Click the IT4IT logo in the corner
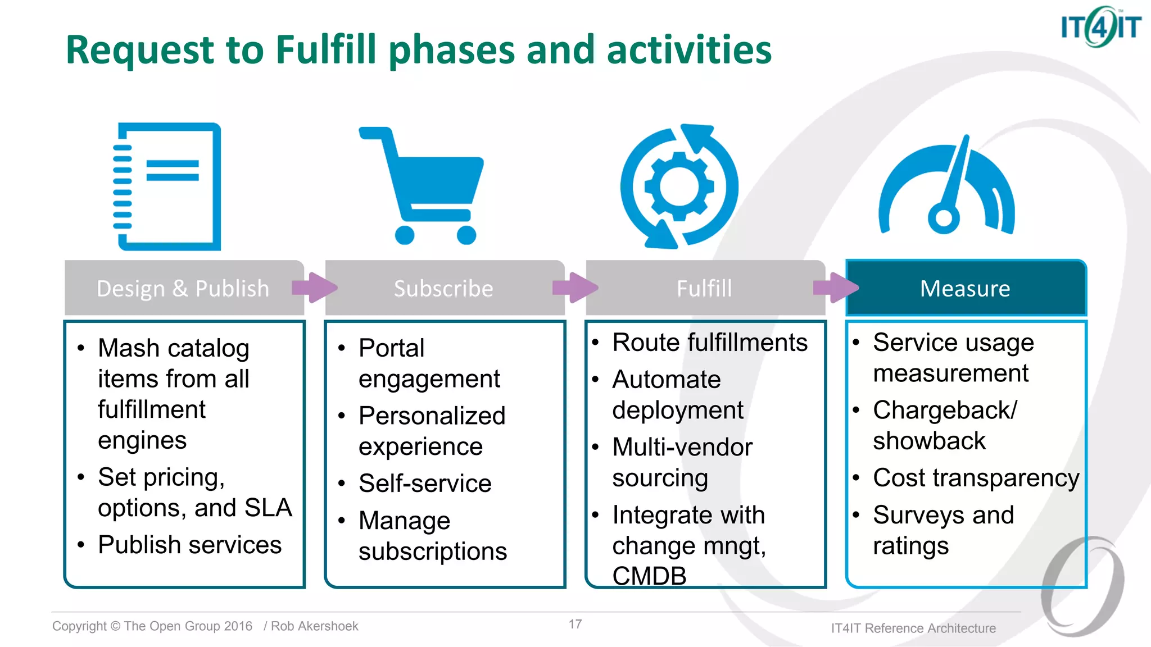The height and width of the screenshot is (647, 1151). tap(1100, 26)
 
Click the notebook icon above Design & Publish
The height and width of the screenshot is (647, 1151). tap(167, 186)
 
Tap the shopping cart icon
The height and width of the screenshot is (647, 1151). tap(422, 186)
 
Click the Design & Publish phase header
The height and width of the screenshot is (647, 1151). tap(183, 288)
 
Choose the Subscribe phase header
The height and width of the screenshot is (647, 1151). tap(443, 288)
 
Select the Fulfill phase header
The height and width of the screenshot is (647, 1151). tap(704, 288)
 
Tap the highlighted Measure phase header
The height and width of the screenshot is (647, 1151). tap(965, 288)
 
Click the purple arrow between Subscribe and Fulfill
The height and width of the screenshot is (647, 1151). tap(574, 288)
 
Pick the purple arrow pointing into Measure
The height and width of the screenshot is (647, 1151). tap(835, 288)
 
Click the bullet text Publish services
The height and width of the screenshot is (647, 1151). tap(189, 544)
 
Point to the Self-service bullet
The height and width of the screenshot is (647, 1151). tap(425, 483)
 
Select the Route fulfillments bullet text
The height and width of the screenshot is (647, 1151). tap(709, 342)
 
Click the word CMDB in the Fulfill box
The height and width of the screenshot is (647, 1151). tap(649, 576)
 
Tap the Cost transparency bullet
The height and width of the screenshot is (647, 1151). tap(976, 477)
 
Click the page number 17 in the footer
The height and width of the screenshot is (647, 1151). tap(575, 624)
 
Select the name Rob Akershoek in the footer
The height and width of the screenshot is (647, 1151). tap(314, 626)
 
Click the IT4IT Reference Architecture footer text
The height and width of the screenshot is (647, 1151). tap(913, 628)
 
